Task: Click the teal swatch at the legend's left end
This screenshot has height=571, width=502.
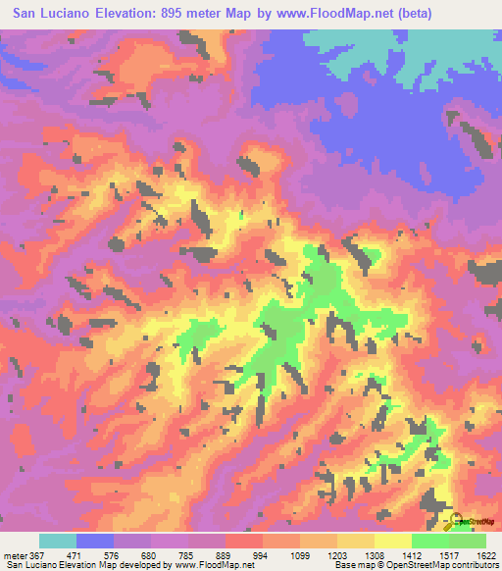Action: (58, 540)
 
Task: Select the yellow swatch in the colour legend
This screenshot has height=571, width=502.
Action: (392, 540)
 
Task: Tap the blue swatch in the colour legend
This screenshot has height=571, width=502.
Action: (95, 540)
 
